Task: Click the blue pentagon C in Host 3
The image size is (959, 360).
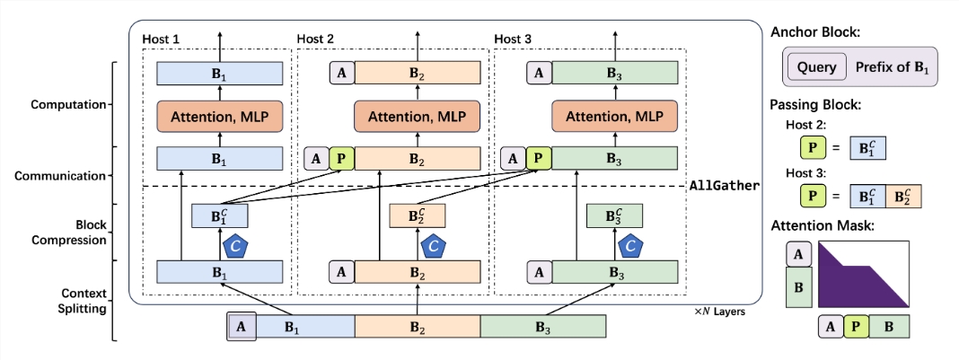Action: pyautogui.click(x=631, y=243)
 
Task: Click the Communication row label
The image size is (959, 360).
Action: pyautogui.click(x=60, y=175)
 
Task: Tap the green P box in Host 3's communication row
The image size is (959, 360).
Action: pyautogui.click(x=538, y=159)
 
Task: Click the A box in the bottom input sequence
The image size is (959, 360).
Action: pyautogui.click(x=240, y=327)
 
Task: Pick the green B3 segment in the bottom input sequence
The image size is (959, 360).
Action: pyautogui.click(x=542, y=327)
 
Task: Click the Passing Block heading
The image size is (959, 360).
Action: pyautogui.click(x=814, y=105)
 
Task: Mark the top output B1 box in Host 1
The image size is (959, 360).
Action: pyautogui.click(x=220, y=73)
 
